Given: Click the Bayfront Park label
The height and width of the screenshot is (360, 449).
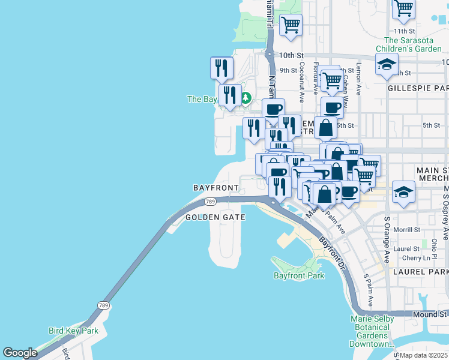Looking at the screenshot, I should [298, 275].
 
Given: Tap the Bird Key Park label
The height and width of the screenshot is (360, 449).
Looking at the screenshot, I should [73, 331].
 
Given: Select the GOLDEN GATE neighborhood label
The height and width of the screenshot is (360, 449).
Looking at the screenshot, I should [215, 217].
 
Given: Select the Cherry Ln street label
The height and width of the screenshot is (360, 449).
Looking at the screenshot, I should [418, 258].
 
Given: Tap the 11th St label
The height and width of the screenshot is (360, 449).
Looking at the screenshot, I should [405, 31].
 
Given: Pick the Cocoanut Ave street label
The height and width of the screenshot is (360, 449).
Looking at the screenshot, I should [301, 78].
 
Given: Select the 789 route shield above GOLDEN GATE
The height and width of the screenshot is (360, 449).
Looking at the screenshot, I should [209, 202].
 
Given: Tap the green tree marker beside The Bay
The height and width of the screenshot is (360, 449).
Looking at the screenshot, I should [246, 98].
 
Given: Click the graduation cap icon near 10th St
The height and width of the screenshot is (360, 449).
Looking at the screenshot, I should [387, 64].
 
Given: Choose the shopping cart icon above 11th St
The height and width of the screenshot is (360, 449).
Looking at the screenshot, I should [404, 8].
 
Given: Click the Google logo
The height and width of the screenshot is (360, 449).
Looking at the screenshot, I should [20, 353].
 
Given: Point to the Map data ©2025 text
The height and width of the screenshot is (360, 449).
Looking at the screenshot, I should [423, 355].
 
